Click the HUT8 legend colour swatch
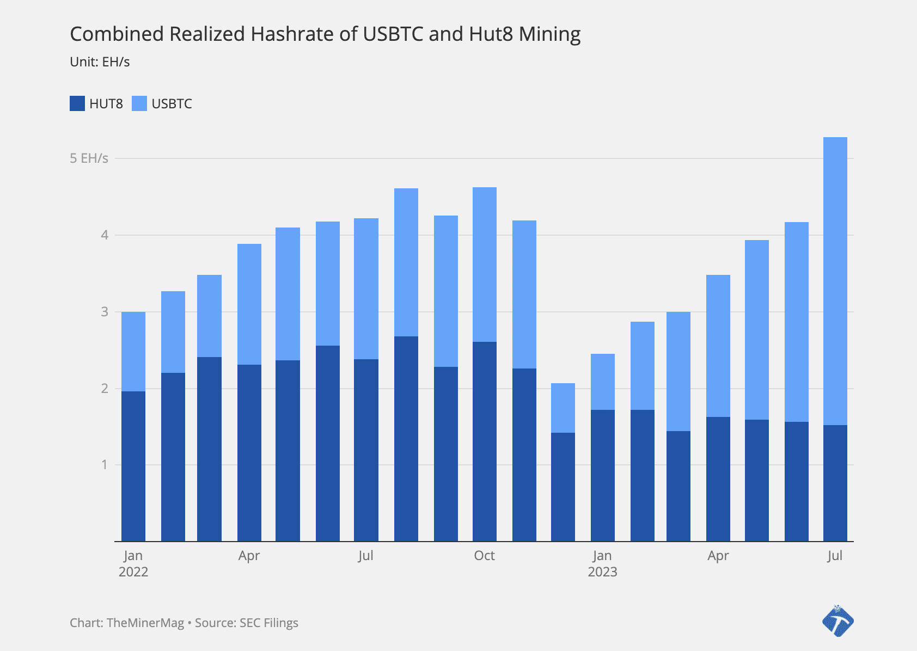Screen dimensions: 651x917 (x=77, y=103)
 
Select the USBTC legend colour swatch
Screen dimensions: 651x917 (x=139, y=103)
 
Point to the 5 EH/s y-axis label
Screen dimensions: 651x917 (x=89, y=158)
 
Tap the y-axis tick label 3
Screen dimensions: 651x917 (x=104, y=312)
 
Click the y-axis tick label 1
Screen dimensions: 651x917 (x=104, y=465)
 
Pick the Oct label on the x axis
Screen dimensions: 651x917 (x=484, y=556)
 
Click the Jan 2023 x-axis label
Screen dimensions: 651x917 (x=602, y=563)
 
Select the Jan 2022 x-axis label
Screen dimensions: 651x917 (x=133, y=563)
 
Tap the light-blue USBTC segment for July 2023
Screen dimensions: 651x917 (x=835, y=281)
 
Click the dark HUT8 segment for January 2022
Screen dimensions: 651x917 (x=133, y=466)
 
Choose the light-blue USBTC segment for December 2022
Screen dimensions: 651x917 (x=563, y=408)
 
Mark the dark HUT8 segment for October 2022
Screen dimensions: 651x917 (x=485, y=441)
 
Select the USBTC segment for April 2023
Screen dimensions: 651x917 (x=718, y=346)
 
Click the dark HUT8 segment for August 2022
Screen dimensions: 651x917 (x=406, y=439)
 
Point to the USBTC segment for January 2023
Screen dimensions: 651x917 (x=603, y=382)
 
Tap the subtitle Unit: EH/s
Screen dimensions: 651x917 (x=100, y=62)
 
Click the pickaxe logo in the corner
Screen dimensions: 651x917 (x=837, y=621)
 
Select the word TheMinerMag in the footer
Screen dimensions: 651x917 (x=145, y=623)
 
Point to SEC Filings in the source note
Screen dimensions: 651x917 (x=269, y=623)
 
